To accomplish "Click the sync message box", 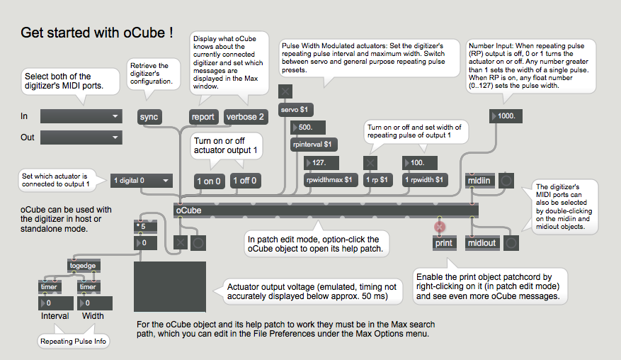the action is pos(149,117).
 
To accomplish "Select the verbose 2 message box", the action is pos(246,117).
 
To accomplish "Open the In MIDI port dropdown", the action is pos(81,116).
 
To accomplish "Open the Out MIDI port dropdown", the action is pos(81,137).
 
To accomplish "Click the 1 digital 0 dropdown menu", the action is pos(142,181).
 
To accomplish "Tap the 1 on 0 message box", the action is pos(209,181).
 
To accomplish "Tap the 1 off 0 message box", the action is pos(245,181).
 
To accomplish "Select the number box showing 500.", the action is pos(308,128).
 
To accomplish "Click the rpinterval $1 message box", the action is pos(314,145).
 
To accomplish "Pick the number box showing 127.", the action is pos(321,162).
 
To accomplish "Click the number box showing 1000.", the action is pos(506,116).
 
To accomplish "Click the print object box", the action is pos(444,243).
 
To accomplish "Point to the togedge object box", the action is pos(84,266).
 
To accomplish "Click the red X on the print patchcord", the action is pos(440,227).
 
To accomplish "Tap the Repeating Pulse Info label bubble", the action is pos(73,342).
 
